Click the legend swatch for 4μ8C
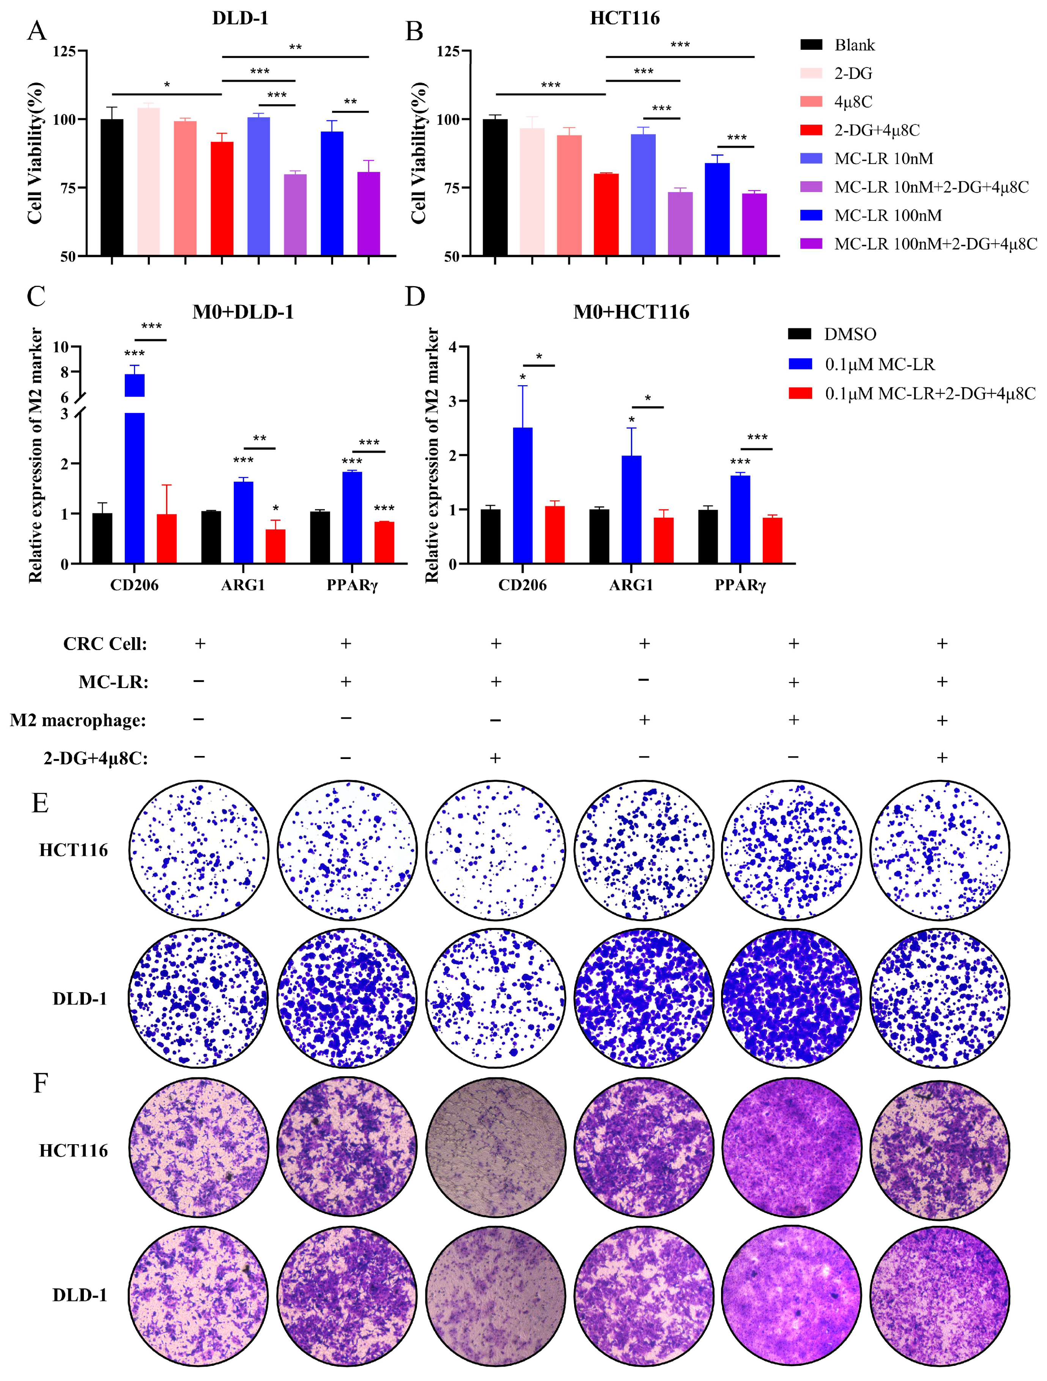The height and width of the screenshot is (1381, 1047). [811, 102]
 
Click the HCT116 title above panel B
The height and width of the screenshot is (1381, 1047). [624, 18]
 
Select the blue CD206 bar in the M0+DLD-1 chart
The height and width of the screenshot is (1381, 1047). [135, 487]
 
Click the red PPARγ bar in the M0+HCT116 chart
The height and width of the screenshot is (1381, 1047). [772, 541]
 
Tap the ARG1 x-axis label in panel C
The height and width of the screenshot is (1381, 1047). [243, 585]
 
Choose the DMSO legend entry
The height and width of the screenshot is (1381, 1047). [849, 335]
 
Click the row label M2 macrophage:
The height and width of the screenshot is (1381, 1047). [78, 720]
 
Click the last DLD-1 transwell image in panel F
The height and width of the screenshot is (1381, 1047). [940, 1296]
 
